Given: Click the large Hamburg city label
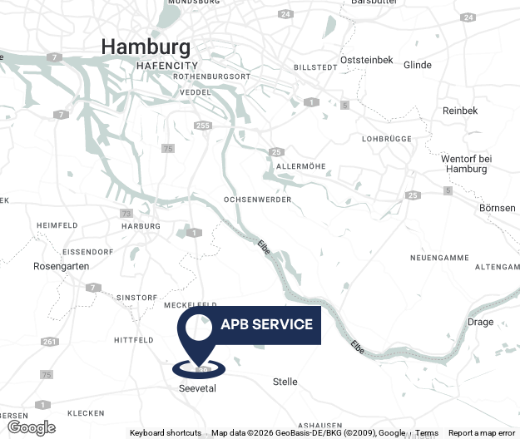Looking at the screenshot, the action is [x=146, y=47].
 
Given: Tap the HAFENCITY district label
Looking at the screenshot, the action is [x=167, y=65].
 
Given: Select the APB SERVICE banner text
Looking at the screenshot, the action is [x=266, y=324].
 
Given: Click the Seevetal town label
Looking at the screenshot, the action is [x=197, y=388].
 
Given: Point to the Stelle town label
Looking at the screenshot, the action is [x=285, y=382].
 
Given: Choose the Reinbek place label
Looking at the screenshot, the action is [x=460, y=111].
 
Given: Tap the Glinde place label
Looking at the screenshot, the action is [x=417, y=65].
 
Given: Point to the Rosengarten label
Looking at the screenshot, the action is [x=61, y=266].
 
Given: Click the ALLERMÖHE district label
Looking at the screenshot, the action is [x=299, y=166].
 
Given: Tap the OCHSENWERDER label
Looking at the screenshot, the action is [x=258, y=200].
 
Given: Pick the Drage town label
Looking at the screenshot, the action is [x=481, y=322].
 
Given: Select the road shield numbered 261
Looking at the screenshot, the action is [x=50, y=342].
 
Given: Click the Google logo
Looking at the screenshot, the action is [x=31, y=428].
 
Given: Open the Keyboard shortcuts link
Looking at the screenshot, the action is [x=165, y=432].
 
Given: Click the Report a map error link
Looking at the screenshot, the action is [x=482, y=432].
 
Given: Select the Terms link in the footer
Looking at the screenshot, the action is [x=427, y=432].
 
